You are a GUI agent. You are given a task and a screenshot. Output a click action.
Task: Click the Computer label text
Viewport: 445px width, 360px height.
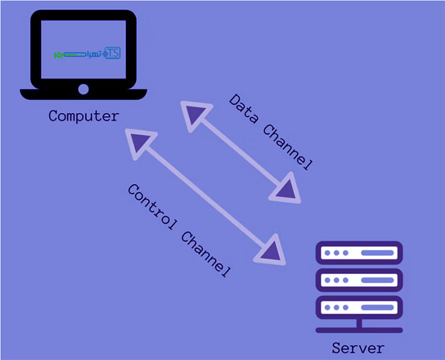[x=83, y=116]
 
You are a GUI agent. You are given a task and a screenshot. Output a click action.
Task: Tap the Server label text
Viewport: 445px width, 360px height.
[x=358, y=348]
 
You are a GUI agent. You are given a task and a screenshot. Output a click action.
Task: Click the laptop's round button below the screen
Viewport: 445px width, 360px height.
[x=83, y=89]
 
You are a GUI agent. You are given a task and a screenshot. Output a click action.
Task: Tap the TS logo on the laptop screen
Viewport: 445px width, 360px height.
[x=110, y=53]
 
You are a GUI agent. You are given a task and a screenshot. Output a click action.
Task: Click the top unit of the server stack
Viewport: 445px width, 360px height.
[x=358, y=253]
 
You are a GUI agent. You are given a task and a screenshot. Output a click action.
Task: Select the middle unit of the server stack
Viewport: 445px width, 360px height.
[x=358, y=280]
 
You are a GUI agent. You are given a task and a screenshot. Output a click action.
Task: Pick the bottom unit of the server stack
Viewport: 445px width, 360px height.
[x=358, y=307]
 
